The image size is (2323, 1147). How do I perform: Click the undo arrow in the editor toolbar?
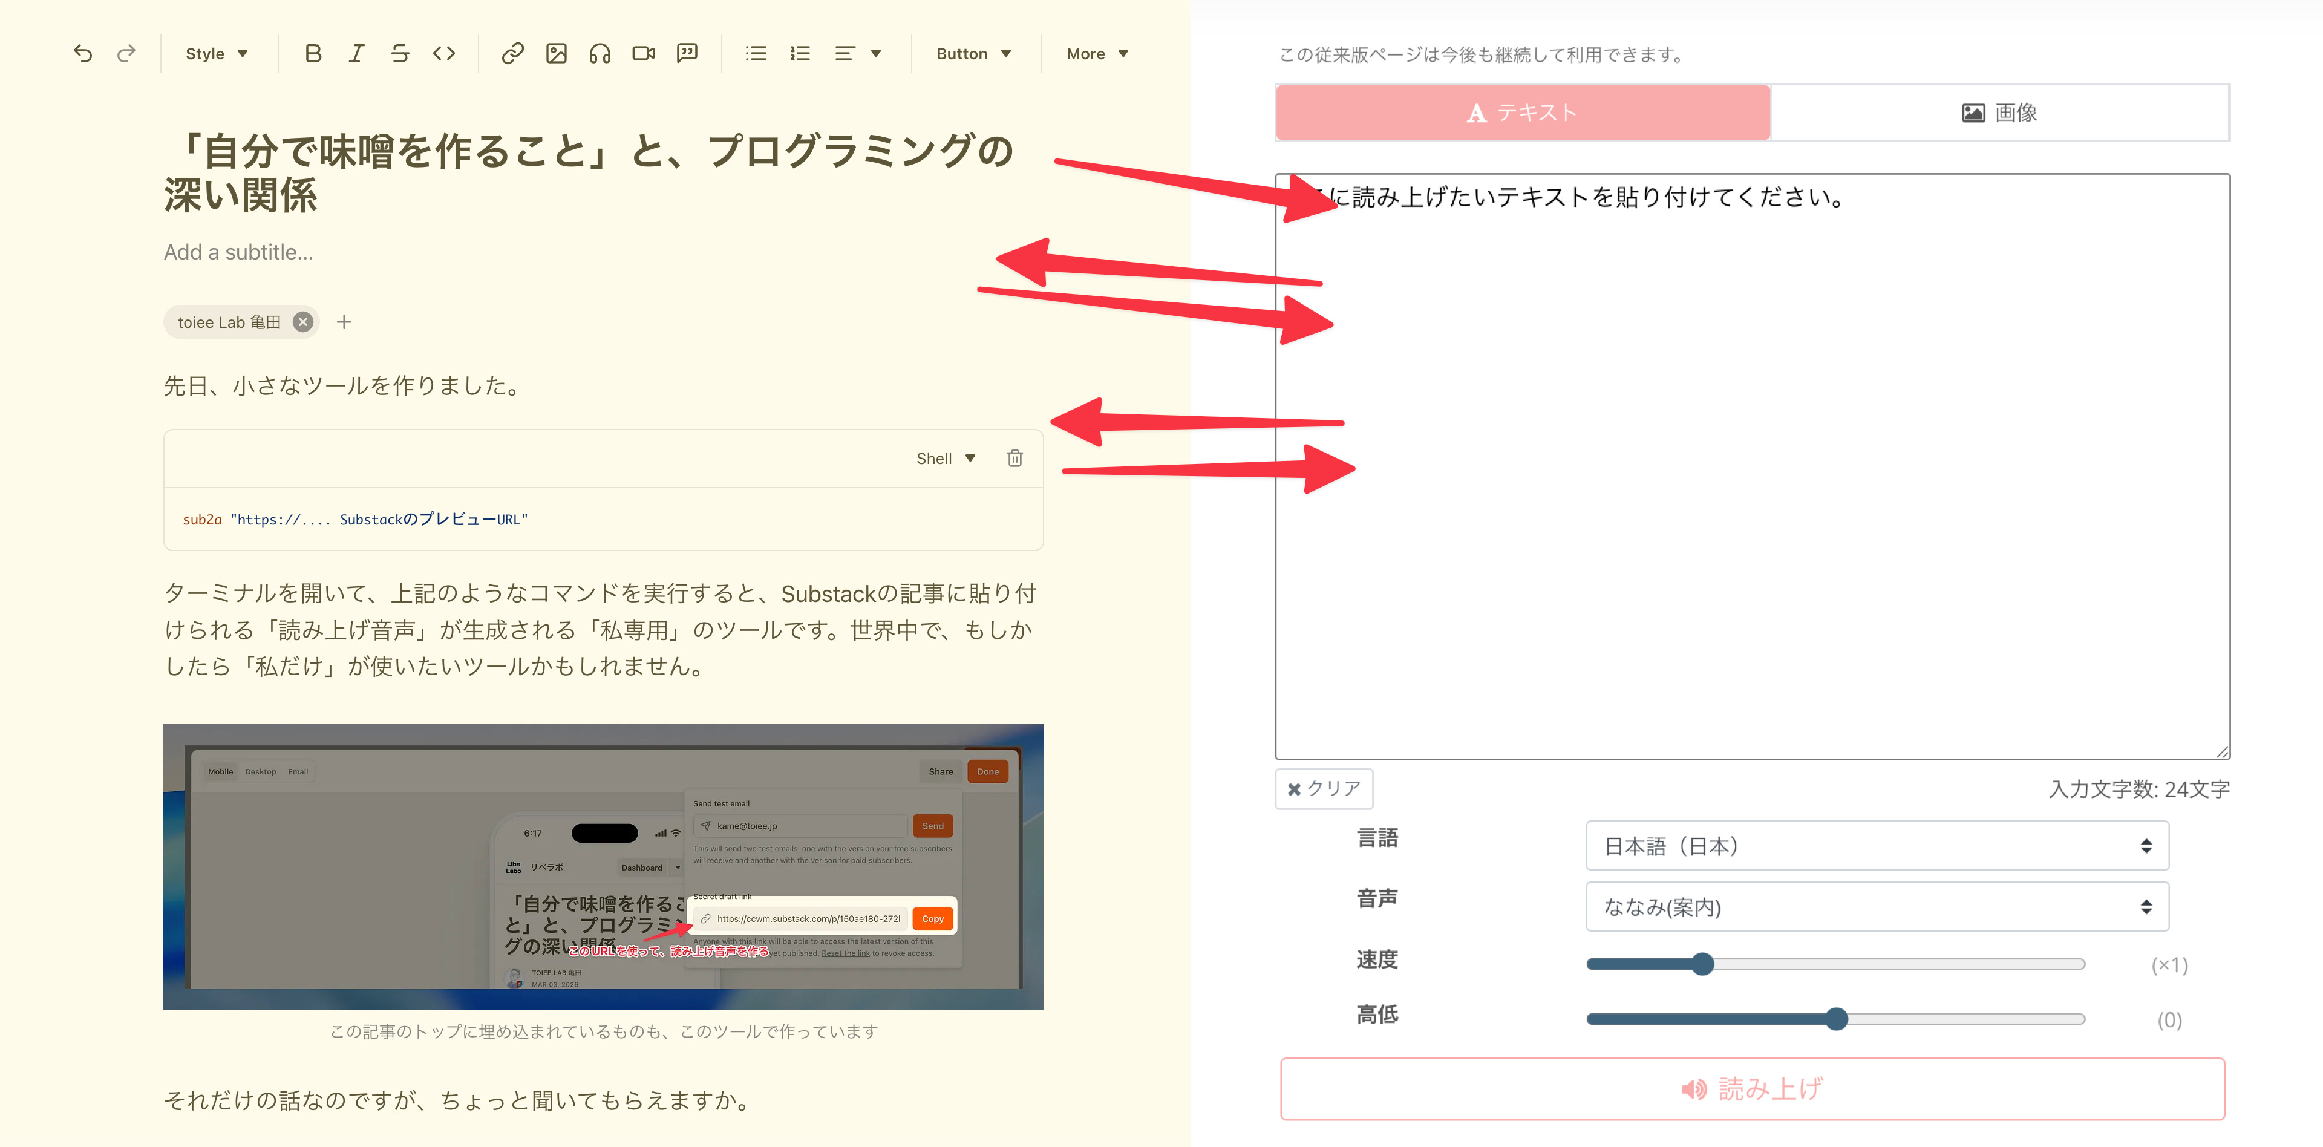(x=83, y=54)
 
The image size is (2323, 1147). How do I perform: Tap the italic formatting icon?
(x=356, y=54)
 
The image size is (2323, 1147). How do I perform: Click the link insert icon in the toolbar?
(x=512, y=54)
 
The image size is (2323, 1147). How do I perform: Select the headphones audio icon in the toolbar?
(x=600, y=54)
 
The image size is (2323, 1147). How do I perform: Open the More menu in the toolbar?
(x=1097, y=54)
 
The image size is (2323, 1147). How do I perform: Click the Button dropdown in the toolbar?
(x=973, y=54)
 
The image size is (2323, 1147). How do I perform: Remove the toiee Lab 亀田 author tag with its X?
(x=303, y=322)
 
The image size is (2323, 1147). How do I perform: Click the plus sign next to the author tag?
(x=344, y=322)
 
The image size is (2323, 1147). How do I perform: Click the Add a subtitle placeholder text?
(x=238, y=252)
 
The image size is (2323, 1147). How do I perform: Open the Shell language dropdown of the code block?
(x=945, y=458)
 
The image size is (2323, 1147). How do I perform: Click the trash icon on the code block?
(x=1014, y=458)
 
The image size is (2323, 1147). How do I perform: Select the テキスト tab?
(x=1522, y=113)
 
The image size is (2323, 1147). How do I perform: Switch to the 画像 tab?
(x=1999, y=113)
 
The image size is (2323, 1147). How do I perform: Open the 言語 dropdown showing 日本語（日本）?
(x=1876, y=846)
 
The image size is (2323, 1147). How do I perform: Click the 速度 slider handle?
(x=1702, y=964)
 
